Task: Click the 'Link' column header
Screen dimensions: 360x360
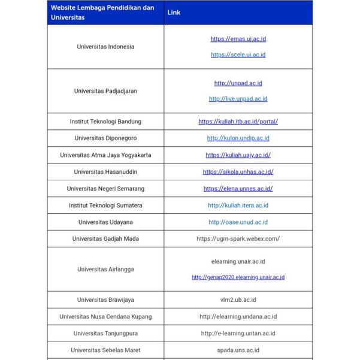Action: coord(174,12)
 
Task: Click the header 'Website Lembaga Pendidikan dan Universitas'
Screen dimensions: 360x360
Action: coord(102,12)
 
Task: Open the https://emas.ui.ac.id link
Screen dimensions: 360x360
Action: coord(238,39)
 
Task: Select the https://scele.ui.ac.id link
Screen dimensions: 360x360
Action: coord(238,55)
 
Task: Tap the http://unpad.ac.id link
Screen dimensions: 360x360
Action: coord(238,83)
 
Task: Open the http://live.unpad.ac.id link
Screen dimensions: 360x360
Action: coord(238,99)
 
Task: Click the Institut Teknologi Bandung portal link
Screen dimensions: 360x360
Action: coord(238,122)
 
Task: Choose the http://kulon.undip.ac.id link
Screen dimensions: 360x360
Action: coord(238,138)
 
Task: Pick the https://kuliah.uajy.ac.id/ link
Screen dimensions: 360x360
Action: coord(238,155)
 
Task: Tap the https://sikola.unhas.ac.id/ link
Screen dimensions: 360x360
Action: coord(238,172)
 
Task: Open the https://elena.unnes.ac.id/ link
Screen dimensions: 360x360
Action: coord(238,189)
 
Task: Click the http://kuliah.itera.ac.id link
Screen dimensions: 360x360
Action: coord(238,205)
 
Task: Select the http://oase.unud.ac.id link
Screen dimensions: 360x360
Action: coord(238,222)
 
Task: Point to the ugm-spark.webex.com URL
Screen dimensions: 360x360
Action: coord(238,239)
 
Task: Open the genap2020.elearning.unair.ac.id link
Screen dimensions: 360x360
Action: coord(238,277)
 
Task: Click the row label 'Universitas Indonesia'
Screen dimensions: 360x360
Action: coord(105,47)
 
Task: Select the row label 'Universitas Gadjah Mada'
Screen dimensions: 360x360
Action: coord(105,239)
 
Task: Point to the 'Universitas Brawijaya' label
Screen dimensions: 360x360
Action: coord(105,300)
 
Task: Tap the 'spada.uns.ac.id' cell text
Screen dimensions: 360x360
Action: coord(238,350)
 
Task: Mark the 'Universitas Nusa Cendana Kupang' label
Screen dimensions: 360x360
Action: coord(105,316)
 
